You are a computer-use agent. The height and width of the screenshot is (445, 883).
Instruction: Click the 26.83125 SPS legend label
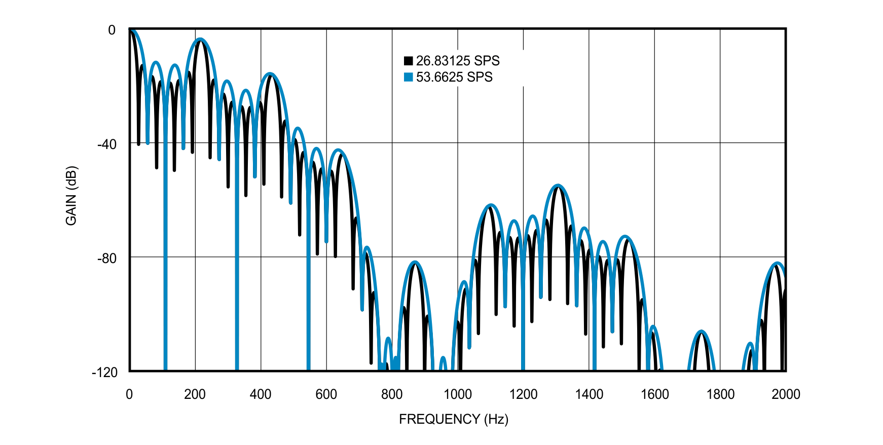(x=458, y=61)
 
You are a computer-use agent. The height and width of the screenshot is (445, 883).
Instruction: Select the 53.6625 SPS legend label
(x=454, y=77)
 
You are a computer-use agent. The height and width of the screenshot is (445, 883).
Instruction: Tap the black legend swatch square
(x=409, y=61)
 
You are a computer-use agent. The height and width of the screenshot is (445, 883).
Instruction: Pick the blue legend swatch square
(x=409, y=77)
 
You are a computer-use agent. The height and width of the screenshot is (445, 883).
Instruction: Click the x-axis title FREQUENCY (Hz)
(x=453, y=419)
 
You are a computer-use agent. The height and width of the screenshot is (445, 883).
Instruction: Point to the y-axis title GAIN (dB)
(x=71, y=196)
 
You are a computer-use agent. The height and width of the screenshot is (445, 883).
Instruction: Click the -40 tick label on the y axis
(x=106, y=144)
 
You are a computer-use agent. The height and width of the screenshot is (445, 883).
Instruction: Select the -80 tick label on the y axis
(x=106, y=258)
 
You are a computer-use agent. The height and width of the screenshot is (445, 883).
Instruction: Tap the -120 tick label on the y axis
(x=104, y=373)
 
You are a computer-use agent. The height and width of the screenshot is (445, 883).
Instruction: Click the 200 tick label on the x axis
(x=195, y=394)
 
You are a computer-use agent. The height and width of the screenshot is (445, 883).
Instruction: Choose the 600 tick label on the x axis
(x=326, y=394)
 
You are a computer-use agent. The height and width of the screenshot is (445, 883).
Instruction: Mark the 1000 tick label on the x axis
(x=457, y=394)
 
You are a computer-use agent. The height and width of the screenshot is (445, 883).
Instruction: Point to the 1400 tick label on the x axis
(x=589, y=394)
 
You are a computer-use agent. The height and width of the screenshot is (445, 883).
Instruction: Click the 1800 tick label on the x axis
(x=720, y=394)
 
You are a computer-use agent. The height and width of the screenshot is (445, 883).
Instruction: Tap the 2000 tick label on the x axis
(x=786, y=394)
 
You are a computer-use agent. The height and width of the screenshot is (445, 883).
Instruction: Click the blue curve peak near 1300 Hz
(x=558, y=186)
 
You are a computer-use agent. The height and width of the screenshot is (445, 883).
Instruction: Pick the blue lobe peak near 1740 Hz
(x=702, y=331)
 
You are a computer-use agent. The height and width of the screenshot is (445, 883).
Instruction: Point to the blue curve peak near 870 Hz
(x=416, y=263)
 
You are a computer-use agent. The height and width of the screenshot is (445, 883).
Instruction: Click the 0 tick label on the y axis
(x=112, y=30)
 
